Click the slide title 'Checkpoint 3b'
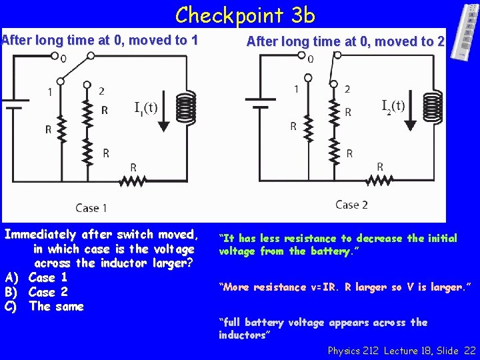tap(245, 15)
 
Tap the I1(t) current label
tap(145, 107)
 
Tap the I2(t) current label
tap(393, 105)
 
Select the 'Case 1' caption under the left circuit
tap(91, 208)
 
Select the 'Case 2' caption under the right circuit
tap(351, 205)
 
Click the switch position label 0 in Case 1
tap(63, 59)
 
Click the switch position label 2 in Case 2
tap(347, 89)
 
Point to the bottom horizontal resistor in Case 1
tap(133, 180)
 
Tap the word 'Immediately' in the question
tap(41, 235)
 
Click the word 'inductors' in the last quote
tap(242, 335)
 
